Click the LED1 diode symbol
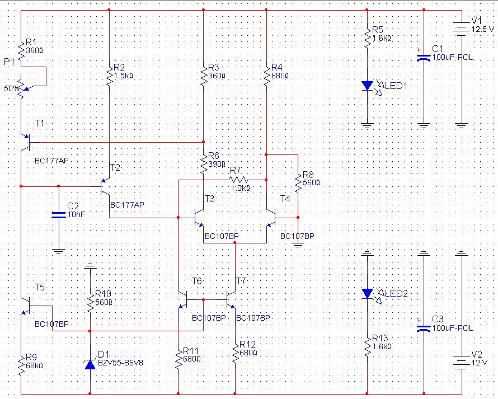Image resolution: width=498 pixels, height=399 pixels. (x=368, y=86)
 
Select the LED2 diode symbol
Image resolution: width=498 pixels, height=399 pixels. (x=368, y=293)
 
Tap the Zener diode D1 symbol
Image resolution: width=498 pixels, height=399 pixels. (x=90, y=365)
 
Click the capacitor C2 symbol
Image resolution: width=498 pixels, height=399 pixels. (x=59, y=215)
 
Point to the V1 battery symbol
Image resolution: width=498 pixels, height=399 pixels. (x=462, y=29)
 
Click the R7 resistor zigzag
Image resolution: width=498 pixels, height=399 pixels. (x=238, y=180)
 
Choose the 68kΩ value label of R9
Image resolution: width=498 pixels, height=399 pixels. (x=34, y=365)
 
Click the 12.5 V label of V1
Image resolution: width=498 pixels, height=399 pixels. (x=483, y=30)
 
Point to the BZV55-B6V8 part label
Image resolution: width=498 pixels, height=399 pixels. (x=120, y=363)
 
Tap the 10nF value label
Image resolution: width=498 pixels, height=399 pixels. (x=76, y=215)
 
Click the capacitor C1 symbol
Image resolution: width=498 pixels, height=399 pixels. (x=424, y=58)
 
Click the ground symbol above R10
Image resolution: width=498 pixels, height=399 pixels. (x=90, y=266)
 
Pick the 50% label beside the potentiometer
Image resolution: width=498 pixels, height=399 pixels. (x=11, y=89)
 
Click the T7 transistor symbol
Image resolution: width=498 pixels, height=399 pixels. (x=231, y=300)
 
